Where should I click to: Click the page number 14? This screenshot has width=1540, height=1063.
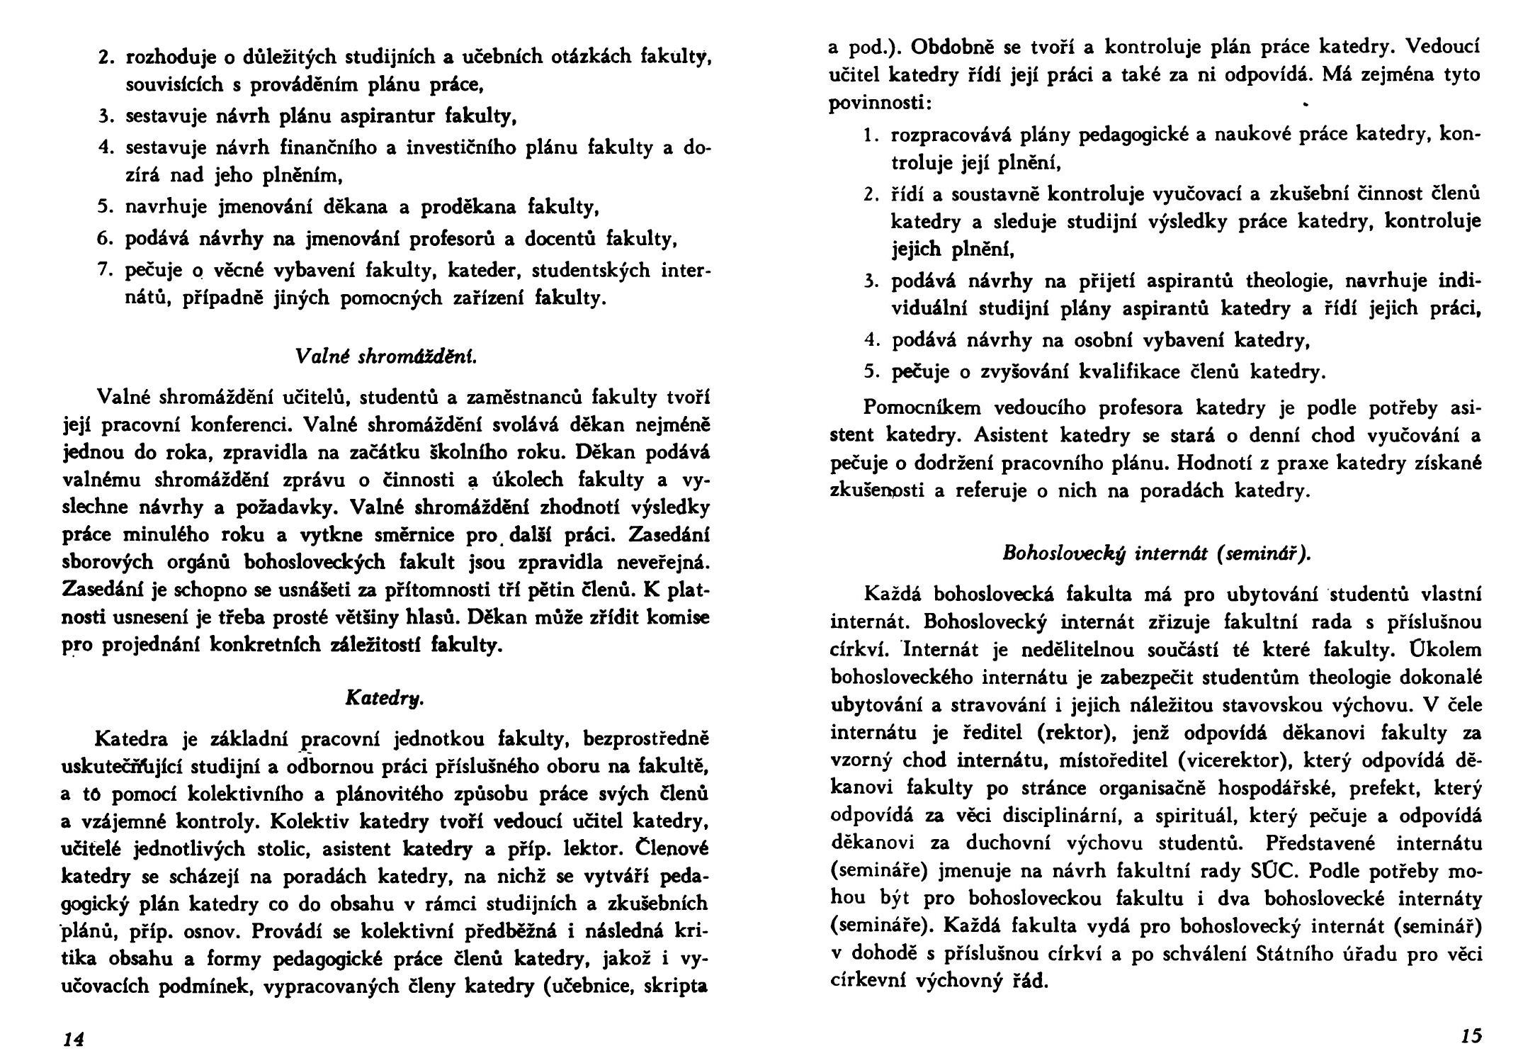click(x=74, y=1039)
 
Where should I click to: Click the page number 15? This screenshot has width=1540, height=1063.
click(x=1471, y=1035)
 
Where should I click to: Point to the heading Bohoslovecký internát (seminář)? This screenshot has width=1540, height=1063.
click(x=1157, y=553)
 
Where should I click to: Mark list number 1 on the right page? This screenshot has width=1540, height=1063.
click(x=871, y=135)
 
